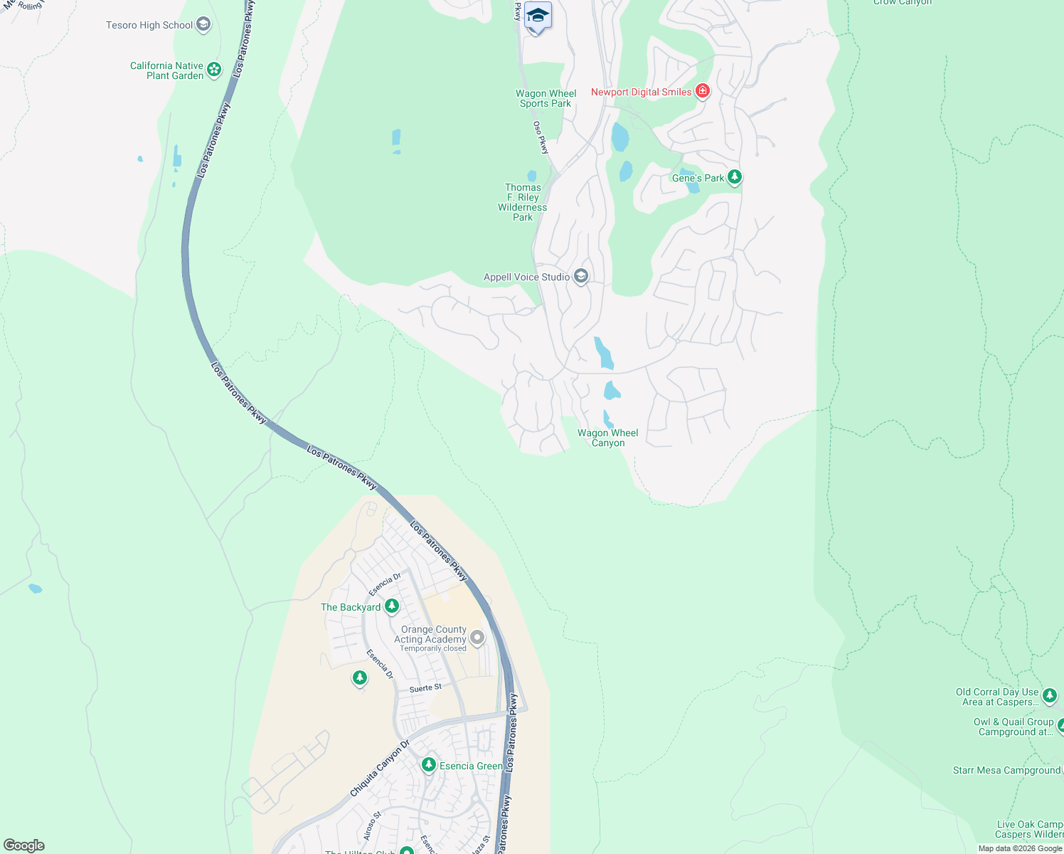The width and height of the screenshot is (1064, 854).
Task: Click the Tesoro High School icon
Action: tap(203, 25)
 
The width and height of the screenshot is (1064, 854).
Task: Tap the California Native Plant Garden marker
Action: tap(214, 70)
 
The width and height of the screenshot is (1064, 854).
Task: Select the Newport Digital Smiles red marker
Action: tap(703, 91)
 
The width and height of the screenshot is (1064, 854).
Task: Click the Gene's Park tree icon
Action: tap(735, 177)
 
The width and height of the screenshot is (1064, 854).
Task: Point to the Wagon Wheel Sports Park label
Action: tap(546, 98)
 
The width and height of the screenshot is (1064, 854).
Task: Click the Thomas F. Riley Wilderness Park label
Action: tap(523, 202)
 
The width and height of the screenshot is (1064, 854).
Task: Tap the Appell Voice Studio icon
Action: tap(581, 276)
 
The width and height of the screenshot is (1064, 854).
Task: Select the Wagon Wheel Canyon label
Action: tap(607, 438)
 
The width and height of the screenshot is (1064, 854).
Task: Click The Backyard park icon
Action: tap(391, 606)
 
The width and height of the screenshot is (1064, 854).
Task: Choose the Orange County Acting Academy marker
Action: tap(477, 638)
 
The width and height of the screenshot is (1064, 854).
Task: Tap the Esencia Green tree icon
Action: tap(428, 765)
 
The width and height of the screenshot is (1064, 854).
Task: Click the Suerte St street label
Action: tap(425, 688)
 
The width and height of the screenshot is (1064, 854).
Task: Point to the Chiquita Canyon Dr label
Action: tap(380, 769)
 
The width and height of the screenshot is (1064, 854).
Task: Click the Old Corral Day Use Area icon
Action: tap(1050, 696)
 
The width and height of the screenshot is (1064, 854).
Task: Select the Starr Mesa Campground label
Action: tap(1006, 770)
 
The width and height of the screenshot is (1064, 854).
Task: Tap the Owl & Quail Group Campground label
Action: tap(1014, 727)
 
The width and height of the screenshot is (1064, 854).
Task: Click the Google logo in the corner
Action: tap(24, 845)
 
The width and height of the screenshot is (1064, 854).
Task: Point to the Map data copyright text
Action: tap(1019, 848)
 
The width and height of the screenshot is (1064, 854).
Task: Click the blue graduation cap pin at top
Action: tap(538, 16)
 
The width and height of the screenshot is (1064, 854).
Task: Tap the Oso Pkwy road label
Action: tap(541, 137)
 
